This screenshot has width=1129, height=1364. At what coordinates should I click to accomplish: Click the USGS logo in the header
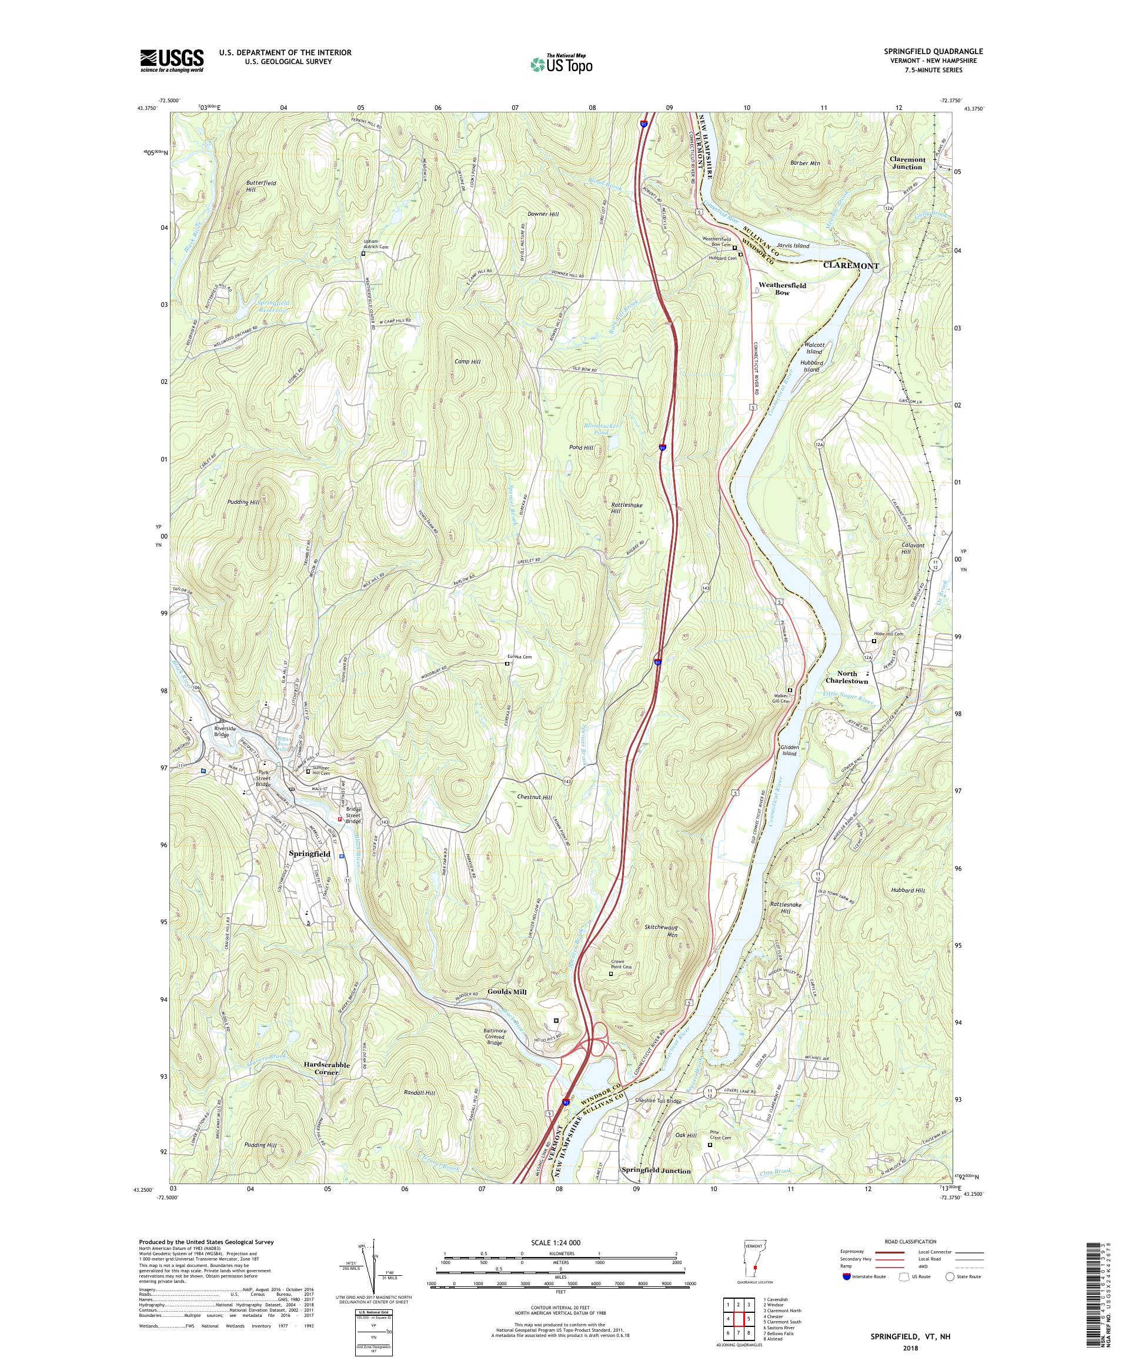[x=172, y=61]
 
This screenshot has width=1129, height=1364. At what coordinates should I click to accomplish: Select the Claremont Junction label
[x=906, y=163]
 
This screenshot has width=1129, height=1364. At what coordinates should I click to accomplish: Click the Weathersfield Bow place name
[x=782, y=289]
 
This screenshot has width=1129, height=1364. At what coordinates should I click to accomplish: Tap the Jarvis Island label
[x=793, y=246]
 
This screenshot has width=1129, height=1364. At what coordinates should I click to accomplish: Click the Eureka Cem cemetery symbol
[x=508, y=664]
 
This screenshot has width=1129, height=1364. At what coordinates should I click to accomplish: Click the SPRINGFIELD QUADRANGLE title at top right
[x=938, y=51]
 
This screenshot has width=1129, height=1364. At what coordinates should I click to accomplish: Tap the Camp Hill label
[x=467, y=361]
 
